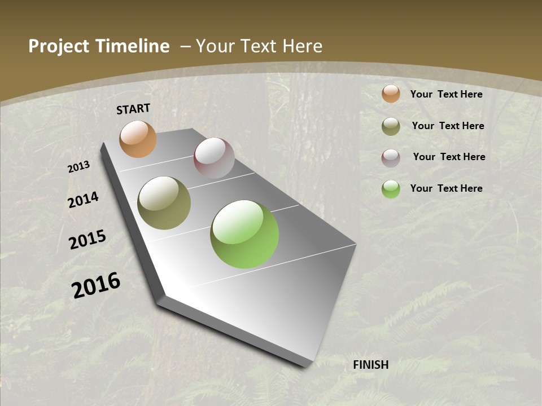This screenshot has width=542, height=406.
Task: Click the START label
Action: [x=133, y=109]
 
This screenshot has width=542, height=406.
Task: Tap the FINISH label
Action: [x=371, y=365]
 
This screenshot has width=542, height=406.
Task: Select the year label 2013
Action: [x=79, y=166]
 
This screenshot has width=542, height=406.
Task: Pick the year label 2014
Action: [x=84, y=200]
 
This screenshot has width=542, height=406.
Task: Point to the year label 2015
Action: [x=88, y=240]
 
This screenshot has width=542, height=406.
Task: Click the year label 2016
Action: [x=96, y=285]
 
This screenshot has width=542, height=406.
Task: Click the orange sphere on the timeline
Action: [x=138, y=139]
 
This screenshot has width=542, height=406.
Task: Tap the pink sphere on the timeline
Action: [x=214, y=158]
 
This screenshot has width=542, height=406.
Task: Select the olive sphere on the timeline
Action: [x=164, y=203]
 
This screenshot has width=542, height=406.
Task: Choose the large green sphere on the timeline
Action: [x=244, y=234]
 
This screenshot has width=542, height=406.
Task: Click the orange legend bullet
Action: [x=391, y=94]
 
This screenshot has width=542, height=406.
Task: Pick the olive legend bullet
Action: [x=391, y=126]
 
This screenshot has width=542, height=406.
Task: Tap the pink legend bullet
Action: [x=391, y=158]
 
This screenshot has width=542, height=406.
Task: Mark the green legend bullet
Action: [x=391, y=189]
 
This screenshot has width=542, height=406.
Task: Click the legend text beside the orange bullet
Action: [x=446, y=94]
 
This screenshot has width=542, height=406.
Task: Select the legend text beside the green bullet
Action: [x=446, y=188]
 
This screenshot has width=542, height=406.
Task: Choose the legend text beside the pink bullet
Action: [x=449, y=157]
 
